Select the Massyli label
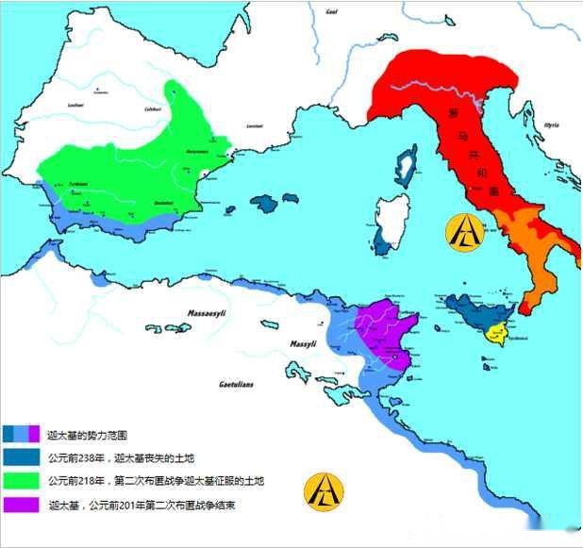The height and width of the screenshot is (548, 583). (303, 343)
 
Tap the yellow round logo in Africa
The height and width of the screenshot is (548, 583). (324, 491)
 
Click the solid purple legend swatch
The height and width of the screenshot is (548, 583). (22, 505)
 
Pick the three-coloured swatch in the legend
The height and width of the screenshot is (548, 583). (22, 434)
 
